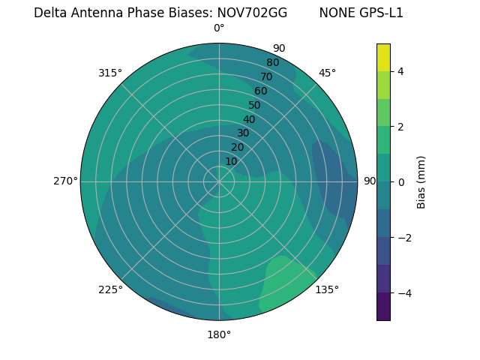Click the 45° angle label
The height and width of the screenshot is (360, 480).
327,73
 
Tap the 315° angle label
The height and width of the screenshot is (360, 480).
110,73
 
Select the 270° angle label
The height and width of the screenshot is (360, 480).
65,181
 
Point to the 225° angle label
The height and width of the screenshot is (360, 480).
110,290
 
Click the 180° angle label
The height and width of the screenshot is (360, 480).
219,334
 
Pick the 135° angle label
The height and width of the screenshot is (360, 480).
327,290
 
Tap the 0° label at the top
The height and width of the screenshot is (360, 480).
219,28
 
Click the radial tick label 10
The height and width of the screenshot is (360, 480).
231,161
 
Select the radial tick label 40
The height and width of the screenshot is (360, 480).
249,119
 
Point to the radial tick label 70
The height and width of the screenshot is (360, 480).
266,76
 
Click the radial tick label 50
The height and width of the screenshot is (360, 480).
255,105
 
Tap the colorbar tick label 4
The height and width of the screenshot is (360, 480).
400,71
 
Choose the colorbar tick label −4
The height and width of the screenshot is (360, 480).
402,293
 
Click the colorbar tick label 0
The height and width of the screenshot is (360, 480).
400,182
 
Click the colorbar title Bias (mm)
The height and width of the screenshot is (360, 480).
421,182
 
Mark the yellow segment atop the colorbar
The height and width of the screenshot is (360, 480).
383,57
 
